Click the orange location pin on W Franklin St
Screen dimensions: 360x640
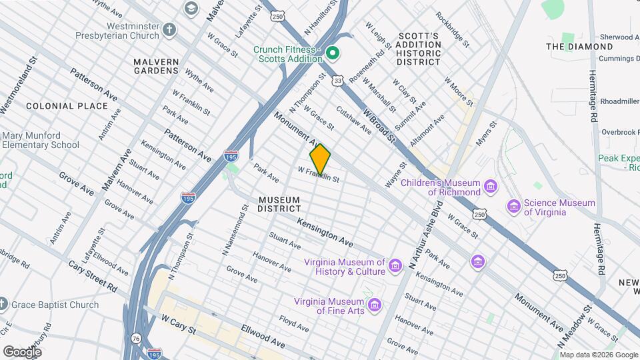click(320, 159)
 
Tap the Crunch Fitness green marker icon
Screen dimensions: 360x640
click(332, 52)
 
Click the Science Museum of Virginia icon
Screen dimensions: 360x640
click(513, 207)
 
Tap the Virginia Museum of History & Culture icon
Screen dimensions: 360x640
click(396, 267)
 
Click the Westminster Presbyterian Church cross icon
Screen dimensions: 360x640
click(170, 29)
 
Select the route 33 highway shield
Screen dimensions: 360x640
click(339, 80)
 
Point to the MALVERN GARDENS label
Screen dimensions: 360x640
click(156, 67)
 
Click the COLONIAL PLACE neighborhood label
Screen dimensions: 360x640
click(67, 106)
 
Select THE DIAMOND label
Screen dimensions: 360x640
click(579, 47)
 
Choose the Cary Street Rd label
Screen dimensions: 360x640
click(93, 275)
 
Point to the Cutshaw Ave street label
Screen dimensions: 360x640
click(353, 120)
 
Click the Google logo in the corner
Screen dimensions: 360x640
click(22, 351)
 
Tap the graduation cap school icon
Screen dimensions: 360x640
click(191, 8)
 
